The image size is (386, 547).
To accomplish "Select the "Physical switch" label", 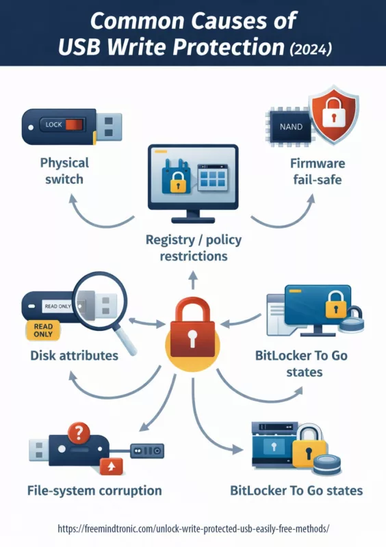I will (64, 171).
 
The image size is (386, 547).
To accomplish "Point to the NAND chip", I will (281, 127).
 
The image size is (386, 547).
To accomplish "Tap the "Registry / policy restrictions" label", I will (192, 248).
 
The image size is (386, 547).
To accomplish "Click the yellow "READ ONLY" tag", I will (42, 331).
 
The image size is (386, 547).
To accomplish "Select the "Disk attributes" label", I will (74, 356).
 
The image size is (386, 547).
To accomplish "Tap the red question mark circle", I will (79, 433).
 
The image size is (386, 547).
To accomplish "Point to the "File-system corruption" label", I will (95, 490).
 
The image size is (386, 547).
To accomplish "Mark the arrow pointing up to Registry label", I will (192, 279).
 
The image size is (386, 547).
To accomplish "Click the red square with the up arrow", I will (108, 467).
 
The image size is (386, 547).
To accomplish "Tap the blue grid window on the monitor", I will (214, 179).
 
